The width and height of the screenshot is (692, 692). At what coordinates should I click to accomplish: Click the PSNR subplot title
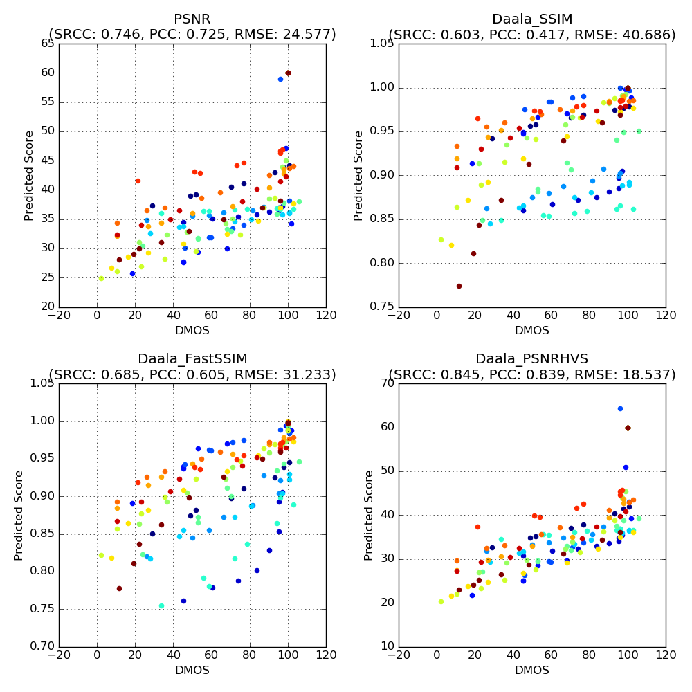coord(192,19)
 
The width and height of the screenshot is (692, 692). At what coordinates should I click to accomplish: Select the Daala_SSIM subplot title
coord(532,19)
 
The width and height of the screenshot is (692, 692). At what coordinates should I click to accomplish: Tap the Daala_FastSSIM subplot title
coord(192,358)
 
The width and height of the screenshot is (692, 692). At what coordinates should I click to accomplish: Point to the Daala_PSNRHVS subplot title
coord(532,358)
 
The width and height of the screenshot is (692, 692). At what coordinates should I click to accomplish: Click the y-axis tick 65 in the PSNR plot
coord(46,44)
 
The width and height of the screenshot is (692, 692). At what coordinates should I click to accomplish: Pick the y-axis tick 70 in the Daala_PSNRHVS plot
coord(386,383)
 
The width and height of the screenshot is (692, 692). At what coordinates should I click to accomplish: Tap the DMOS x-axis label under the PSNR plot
coord(192,330)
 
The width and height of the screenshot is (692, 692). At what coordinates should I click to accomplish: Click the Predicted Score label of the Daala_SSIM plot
coord(358,175)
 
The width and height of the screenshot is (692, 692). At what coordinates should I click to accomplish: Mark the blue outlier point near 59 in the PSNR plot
coord(280,79)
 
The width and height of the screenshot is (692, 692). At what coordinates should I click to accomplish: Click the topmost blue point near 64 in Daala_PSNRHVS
coord(620,408)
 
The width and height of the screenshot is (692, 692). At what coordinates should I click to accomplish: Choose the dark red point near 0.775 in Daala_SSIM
coord(459,286)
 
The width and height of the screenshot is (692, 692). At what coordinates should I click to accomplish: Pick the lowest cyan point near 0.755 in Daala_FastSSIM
coord(161,605)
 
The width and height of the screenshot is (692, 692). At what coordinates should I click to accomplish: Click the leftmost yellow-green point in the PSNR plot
coord(101,278)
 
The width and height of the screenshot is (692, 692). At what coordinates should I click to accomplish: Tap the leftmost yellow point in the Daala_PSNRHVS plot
coord(441,601)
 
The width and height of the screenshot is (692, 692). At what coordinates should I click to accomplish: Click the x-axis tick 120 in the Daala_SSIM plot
coord(666,316)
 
